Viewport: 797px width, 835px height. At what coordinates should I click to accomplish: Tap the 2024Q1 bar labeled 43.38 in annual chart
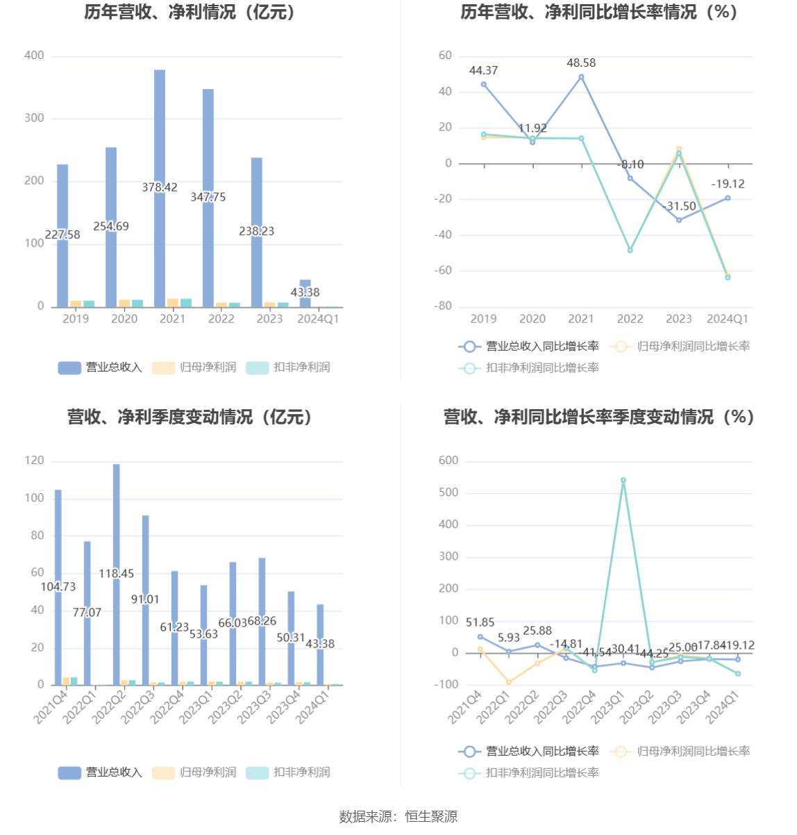[x=305, y=292]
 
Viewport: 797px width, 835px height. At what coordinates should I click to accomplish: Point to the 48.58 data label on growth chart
[x=581, y=63]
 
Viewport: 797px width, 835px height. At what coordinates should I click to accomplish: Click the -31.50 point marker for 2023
[x=679, y=220]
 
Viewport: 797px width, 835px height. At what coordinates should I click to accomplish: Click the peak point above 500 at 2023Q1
[x=623, y=480]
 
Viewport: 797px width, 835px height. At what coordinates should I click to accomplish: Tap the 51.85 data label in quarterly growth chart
[x=480, y=622]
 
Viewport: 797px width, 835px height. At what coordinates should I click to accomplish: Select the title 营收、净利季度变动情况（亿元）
[x=190, y=417]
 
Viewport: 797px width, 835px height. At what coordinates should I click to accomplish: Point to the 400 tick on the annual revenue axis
[x=34, y=56]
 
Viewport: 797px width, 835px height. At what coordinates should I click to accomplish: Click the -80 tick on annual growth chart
[x=444, y=306]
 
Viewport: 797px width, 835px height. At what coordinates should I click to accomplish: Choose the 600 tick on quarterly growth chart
[x=448, y=461]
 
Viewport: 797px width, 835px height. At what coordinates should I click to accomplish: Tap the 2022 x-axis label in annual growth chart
[x=630, y=319]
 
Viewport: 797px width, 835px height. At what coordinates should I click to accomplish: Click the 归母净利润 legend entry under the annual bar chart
[x=194, y=367]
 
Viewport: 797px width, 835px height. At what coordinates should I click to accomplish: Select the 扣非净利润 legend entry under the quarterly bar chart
[x=288, y=772]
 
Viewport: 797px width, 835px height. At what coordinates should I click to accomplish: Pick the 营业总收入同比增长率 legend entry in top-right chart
[x=529, y=346]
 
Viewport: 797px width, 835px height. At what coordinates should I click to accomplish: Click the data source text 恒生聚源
[x=431, y=817]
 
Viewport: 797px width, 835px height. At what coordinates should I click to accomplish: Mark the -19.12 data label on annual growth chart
[x=728, y=184]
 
